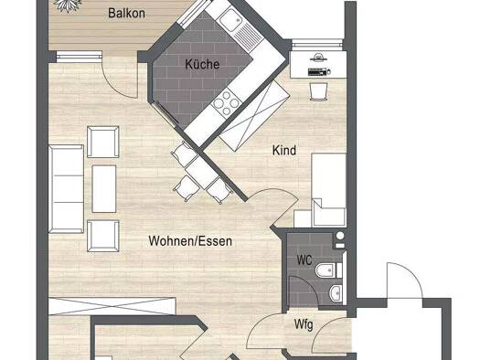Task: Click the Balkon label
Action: point(126,13)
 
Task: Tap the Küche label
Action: point(202,64)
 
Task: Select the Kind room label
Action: point(284,150)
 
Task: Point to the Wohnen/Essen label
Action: point(190,241)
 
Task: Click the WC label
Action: point(304,260)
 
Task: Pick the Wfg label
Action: point(304,324)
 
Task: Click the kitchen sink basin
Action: point(230,19)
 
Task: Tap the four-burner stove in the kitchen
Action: point(227,103)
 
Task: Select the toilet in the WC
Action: point(328,270)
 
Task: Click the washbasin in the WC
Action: point(336,292)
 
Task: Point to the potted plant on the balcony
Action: point(68,5)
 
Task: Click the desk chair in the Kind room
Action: point(319,90)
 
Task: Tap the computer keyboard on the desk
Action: point(318,72)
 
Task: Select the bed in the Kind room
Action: point(329,190)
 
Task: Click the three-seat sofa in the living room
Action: point(66,189)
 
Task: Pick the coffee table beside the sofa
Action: point(104,189)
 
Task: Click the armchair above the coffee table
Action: point(102,142)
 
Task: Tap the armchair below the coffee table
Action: point(102,236)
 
